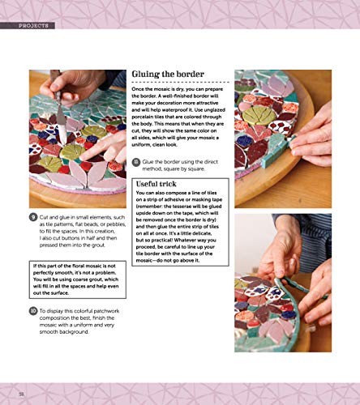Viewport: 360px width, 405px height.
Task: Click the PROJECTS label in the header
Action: pos(31,26)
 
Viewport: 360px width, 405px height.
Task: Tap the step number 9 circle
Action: pos(33,216)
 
